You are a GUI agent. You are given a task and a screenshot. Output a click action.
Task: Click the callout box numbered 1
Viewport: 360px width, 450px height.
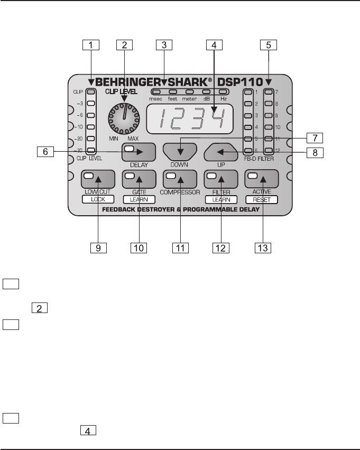pyautogui.click(x=91, y=45)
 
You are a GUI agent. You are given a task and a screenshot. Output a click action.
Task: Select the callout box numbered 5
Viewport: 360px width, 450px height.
pyautogui.click(x=268, y=45)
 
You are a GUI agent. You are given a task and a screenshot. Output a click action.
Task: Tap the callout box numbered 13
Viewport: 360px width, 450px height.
pyautogui.click(x=262, y=246)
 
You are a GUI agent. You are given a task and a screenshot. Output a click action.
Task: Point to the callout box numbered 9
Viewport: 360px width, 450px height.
pyautogui.click(x=98, y=246)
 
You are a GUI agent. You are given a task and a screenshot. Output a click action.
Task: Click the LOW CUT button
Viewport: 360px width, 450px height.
pyautogui.click(x=98, y=179)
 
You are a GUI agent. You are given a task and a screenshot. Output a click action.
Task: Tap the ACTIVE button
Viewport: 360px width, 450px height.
pyautogui.click(x=262, y=179)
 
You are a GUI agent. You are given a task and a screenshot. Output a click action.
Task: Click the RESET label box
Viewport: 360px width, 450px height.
pyautogui.click(x=262, y=199)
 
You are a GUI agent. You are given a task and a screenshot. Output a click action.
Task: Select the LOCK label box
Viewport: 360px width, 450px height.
pyautogui.click(x=98, y=199)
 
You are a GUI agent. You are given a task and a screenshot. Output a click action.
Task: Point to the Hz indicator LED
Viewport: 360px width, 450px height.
pyautogui.click(x=224, y=92)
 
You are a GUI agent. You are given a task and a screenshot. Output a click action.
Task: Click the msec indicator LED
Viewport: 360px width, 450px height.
pyautogui.click(x=156, y=92)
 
